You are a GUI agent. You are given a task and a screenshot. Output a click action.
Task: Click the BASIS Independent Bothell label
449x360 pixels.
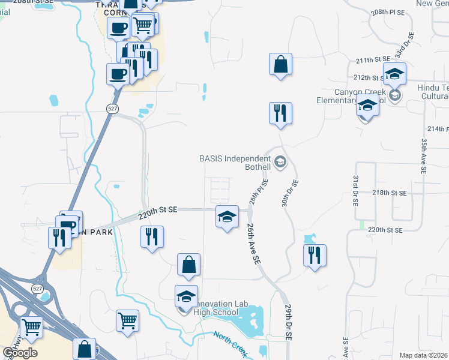[235, 162]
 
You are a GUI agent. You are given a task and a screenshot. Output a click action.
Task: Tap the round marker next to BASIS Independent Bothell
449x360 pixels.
[280, 162]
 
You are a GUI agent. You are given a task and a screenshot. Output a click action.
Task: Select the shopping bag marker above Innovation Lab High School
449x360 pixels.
[188, 265]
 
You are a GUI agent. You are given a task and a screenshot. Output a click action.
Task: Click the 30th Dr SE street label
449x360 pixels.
[291, 193]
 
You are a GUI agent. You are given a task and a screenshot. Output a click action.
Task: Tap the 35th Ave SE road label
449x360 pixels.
[424, 155]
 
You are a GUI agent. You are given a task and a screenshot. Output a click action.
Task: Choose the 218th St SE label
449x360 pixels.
[389, 193]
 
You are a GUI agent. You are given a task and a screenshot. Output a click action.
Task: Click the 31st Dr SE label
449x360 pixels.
[355, 191]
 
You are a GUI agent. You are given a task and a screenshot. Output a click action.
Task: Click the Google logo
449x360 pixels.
[20, 353]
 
